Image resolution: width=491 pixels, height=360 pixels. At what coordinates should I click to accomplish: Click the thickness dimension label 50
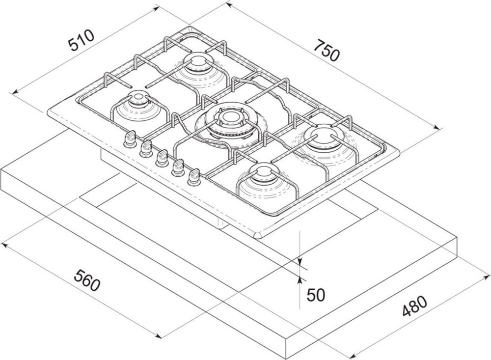(x=316, y=294)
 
